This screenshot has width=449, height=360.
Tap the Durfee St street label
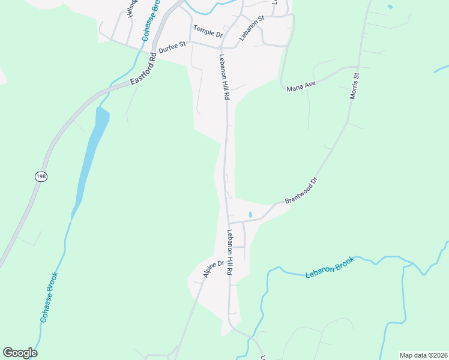click(173, 44)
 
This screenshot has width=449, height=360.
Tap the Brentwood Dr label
click(301, 190)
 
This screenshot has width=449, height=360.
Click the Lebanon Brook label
click(330, 267)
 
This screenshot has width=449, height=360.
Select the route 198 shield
click(40, 176)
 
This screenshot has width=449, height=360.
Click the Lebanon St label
click(252, 28)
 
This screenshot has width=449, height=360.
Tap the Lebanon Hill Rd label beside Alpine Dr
click(229, 252)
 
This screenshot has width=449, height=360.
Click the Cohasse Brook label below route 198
click(49, 298)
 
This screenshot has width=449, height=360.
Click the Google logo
click(20, 353)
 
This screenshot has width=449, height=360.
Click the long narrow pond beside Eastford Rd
click(90, 156)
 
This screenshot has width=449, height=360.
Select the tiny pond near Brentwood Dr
click(250, 214)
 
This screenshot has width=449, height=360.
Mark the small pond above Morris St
click(391, 7)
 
